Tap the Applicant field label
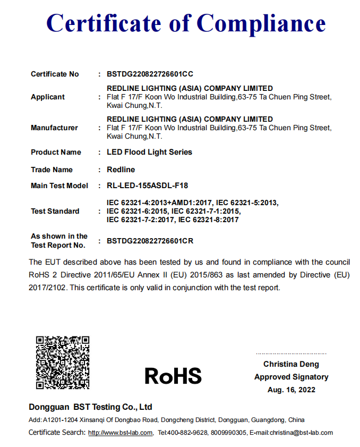click(48, 97)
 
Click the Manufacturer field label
click(54, 128)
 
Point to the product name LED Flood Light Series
click(149, 152)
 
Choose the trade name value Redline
click(121, 170)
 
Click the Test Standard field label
click(55, 211)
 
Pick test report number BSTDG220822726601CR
click(150, 241)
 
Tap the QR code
click(63, 362)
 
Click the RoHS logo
click(173, 376)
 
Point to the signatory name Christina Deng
click(291, 364)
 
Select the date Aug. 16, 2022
click(292, 390)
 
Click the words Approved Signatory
click(291, 377)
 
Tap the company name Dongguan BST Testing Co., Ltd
click(90, 407)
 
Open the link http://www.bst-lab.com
click(121, 433)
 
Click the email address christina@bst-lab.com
click(301, 433)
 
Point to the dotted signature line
click(291, 353)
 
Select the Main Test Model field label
click(59, 185)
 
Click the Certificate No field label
click(55, 74)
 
